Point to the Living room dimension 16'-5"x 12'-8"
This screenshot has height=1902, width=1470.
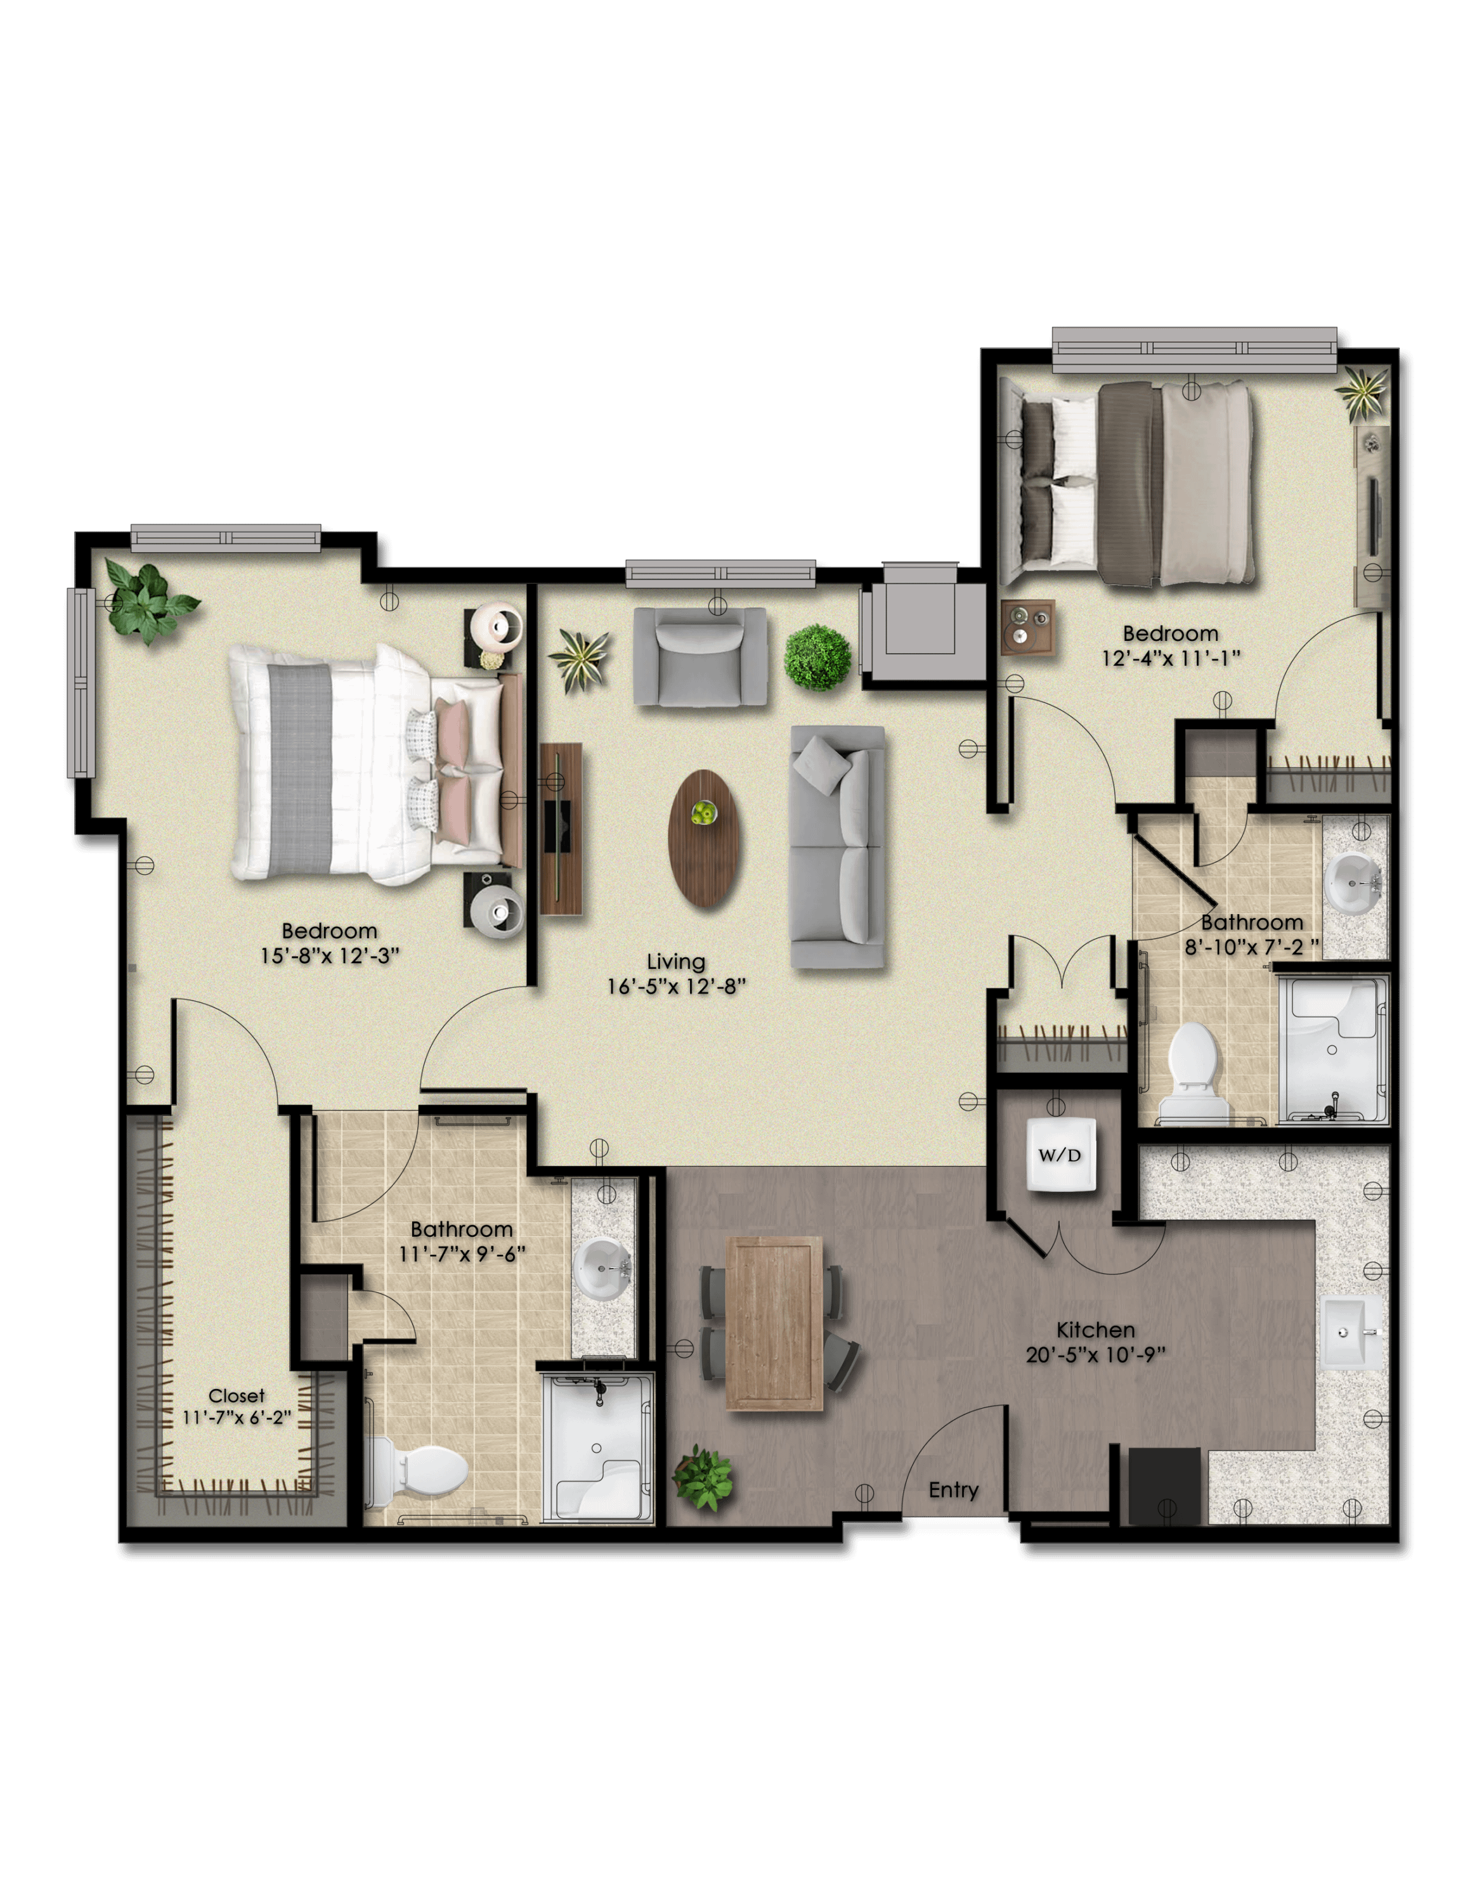pos(676,987)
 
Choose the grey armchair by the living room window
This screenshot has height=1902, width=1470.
pos(700,656)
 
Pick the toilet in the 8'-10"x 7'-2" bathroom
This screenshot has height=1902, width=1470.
pos(1193,1072)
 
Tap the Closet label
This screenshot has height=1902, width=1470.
pos(236,1396)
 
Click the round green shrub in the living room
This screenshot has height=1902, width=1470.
pos(817,657)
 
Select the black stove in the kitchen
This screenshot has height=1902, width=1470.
pos(1164,1485)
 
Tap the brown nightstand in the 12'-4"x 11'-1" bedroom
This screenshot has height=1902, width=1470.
pos(1027,627)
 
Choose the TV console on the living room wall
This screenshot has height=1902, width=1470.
pos(561,828)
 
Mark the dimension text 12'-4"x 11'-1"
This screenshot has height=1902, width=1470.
pos(1171,658)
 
